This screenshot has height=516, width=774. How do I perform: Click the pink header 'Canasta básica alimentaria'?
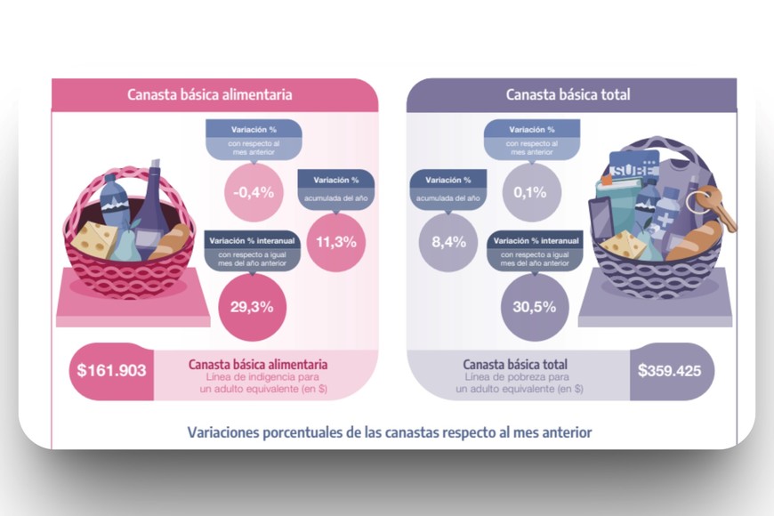(x=210, y=94)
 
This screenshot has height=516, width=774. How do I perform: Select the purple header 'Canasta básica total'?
(x=568, y=94)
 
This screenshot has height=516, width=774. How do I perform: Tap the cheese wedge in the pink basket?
(x=94, y=238)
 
